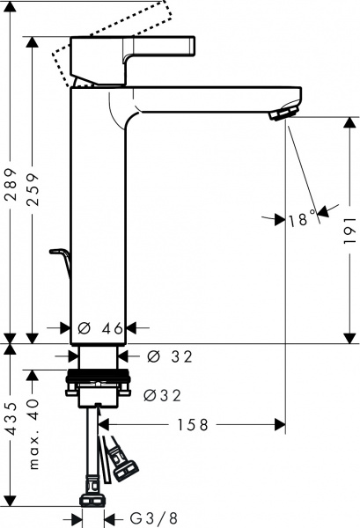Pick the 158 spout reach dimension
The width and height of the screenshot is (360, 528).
[x=193, y=426]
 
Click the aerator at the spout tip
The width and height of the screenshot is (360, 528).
[x=283, y=114]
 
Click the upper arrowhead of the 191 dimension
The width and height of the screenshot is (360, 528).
[x=349, y=123]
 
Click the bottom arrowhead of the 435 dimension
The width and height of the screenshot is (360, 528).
[x=10, y=502]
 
